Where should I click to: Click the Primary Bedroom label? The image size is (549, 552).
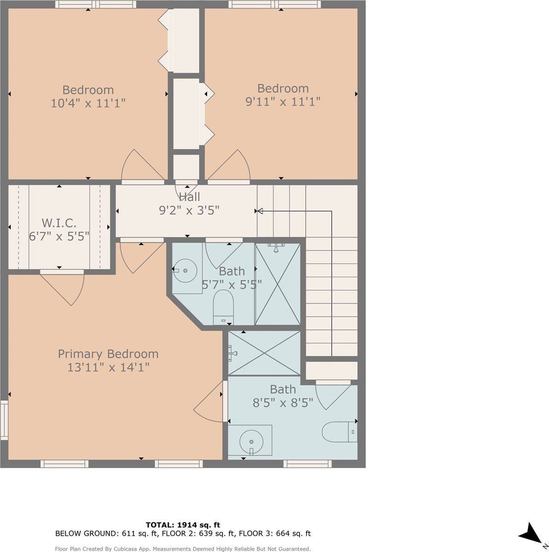point(108,354)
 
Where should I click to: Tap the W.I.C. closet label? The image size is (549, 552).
point(59,223)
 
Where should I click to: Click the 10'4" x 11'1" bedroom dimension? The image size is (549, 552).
point(88,103)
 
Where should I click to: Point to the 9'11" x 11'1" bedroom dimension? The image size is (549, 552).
point(283,101)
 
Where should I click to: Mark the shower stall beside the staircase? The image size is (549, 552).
point(277,284)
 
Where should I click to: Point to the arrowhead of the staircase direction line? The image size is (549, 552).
point(259,211)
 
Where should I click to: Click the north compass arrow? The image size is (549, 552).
point(533,534)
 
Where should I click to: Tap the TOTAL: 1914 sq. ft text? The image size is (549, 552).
point(183,524)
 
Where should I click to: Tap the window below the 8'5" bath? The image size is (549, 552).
point(307,463)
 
